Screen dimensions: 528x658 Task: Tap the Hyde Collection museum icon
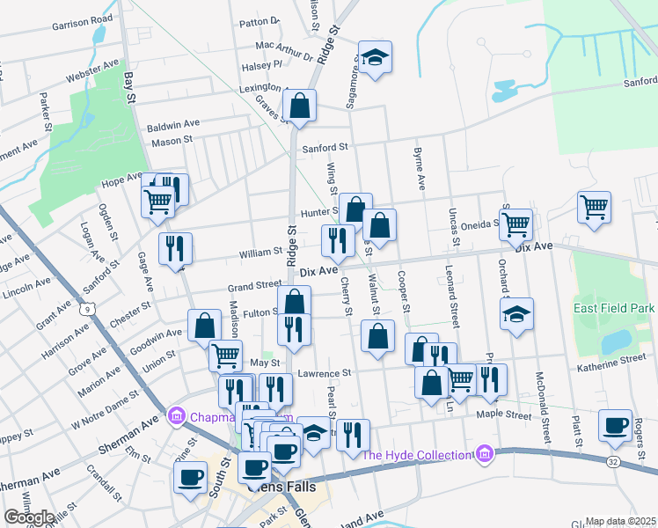tap(483, 454)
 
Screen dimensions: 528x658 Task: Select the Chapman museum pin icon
tap(176, 414)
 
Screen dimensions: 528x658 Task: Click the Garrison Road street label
tap(82, 18)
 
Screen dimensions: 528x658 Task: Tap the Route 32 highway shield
tap(612, 461)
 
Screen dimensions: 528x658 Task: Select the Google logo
tap(29, 517)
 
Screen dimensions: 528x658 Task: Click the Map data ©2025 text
tap(621, 521)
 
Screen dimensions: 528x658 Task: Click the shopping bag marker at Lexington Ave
tap(299, 106)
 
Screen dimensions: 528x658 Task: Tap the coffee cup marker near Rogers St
tap(615, 426)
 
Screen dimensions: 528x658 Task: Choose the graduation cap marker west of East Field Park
tap(516, 314)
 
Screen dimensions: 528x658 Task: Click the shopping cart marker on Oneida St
tap(515, 224)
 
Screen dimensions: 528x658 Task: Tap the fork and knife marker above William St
tap(339, 240)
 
